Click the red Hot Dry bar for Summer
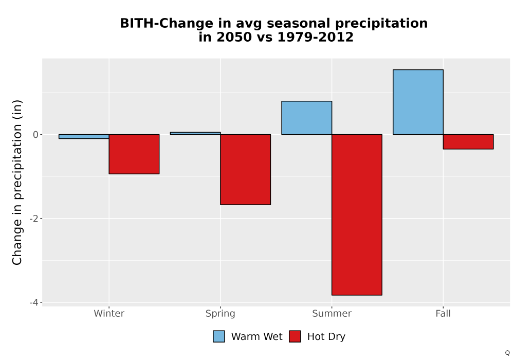[x=357, y=215]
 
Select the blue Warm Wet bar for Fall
[x=418, y=102]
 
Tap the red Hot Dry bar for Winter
[x=134, y=154]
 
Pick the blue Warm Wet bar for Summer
[x=306, y=118]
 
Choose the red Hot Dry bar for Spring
[x=246, y=170]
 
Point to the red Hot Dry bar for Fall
[x=468, y=141]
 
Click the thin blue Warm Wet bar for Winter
[x=84, y=136]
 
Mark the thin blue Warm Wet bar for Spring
[x=195, y=133]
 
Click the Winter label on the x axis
[x=109, y=313]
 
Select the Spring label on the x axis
[x=221, y=314]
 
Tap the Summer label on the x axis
[x=332, y=313]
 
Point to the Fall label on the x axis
[x=443, y=313]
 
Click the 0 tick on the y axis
[x=36, y=135]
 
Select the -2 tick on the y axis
[x=34, y=219]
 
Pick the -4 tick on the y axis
[x=34, y=302]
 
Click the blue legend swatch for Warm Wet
[x=219, y=336]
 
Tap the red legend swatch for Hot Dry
[x=295, y=336]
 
